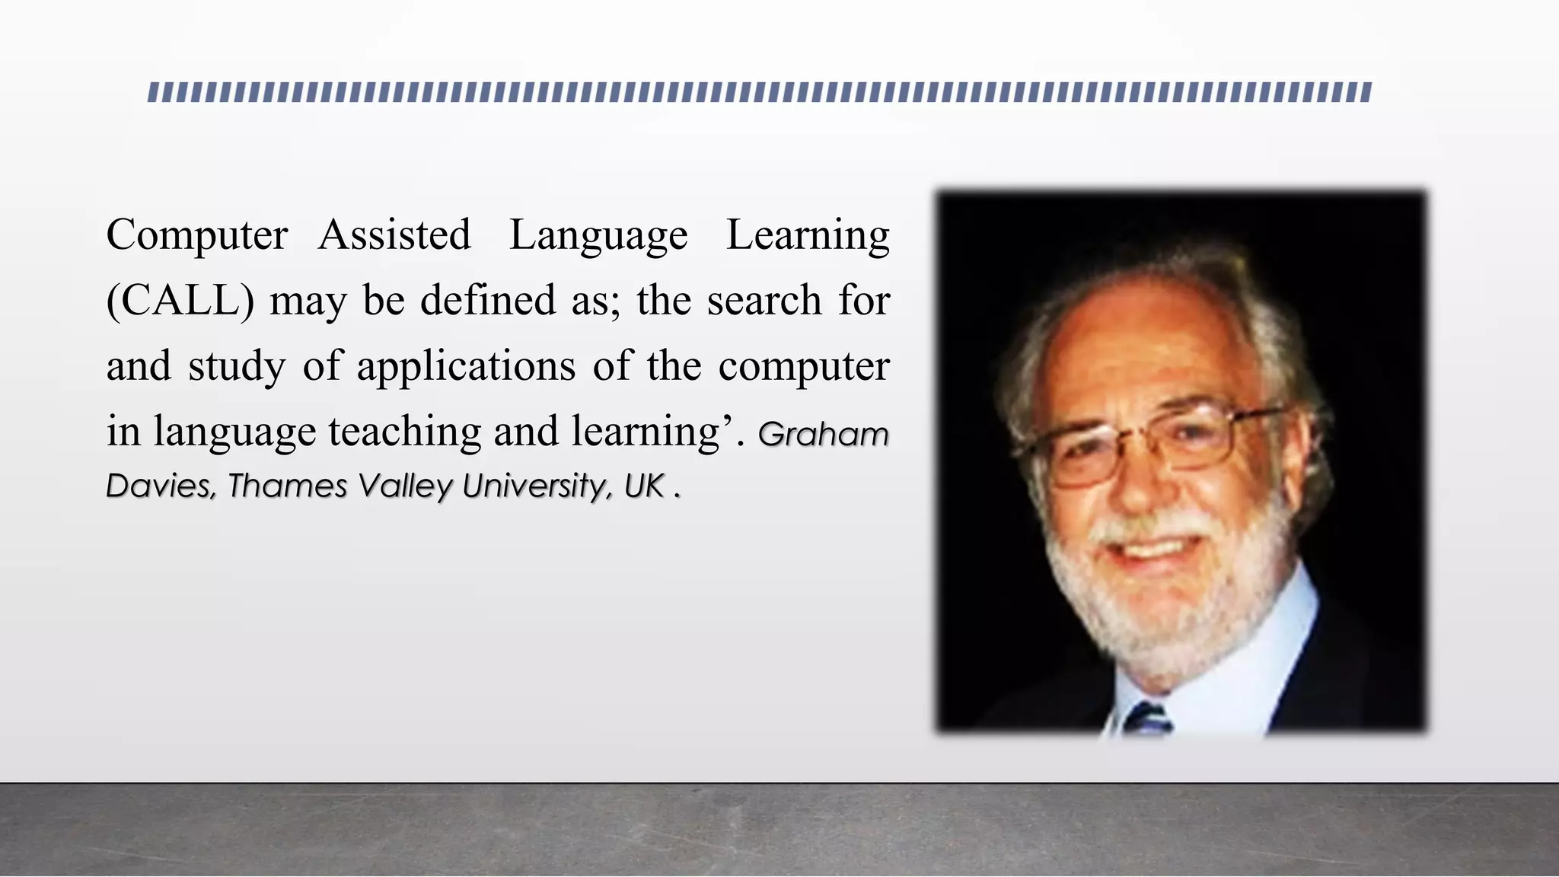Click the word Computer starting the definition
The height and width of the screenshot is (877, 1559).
pos(197,234)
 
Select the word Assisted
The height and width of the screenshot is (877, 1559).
pos(394,234)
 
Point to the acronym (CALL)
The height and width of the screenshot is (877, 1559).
pos(180,301)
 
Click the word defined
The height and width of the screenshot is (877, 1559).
pos(488,300)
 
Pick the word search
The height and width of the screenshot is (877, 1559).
pos(764,300)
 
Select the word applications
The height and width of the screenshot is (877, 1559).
pos(466,367)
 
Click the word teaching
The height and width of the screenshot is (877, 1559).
pos(405,432)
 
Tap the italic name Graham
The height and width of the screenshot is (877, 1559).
pos(824,435)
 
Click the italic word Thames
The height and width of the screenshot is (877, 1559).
pos(288,486)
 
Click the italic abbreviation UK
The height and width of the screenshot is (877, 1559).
pos(645,486)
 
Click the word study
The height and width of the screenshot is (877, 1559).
pos(237,367)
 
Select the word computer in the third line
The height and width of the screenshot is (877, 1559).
pos(804,367)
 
